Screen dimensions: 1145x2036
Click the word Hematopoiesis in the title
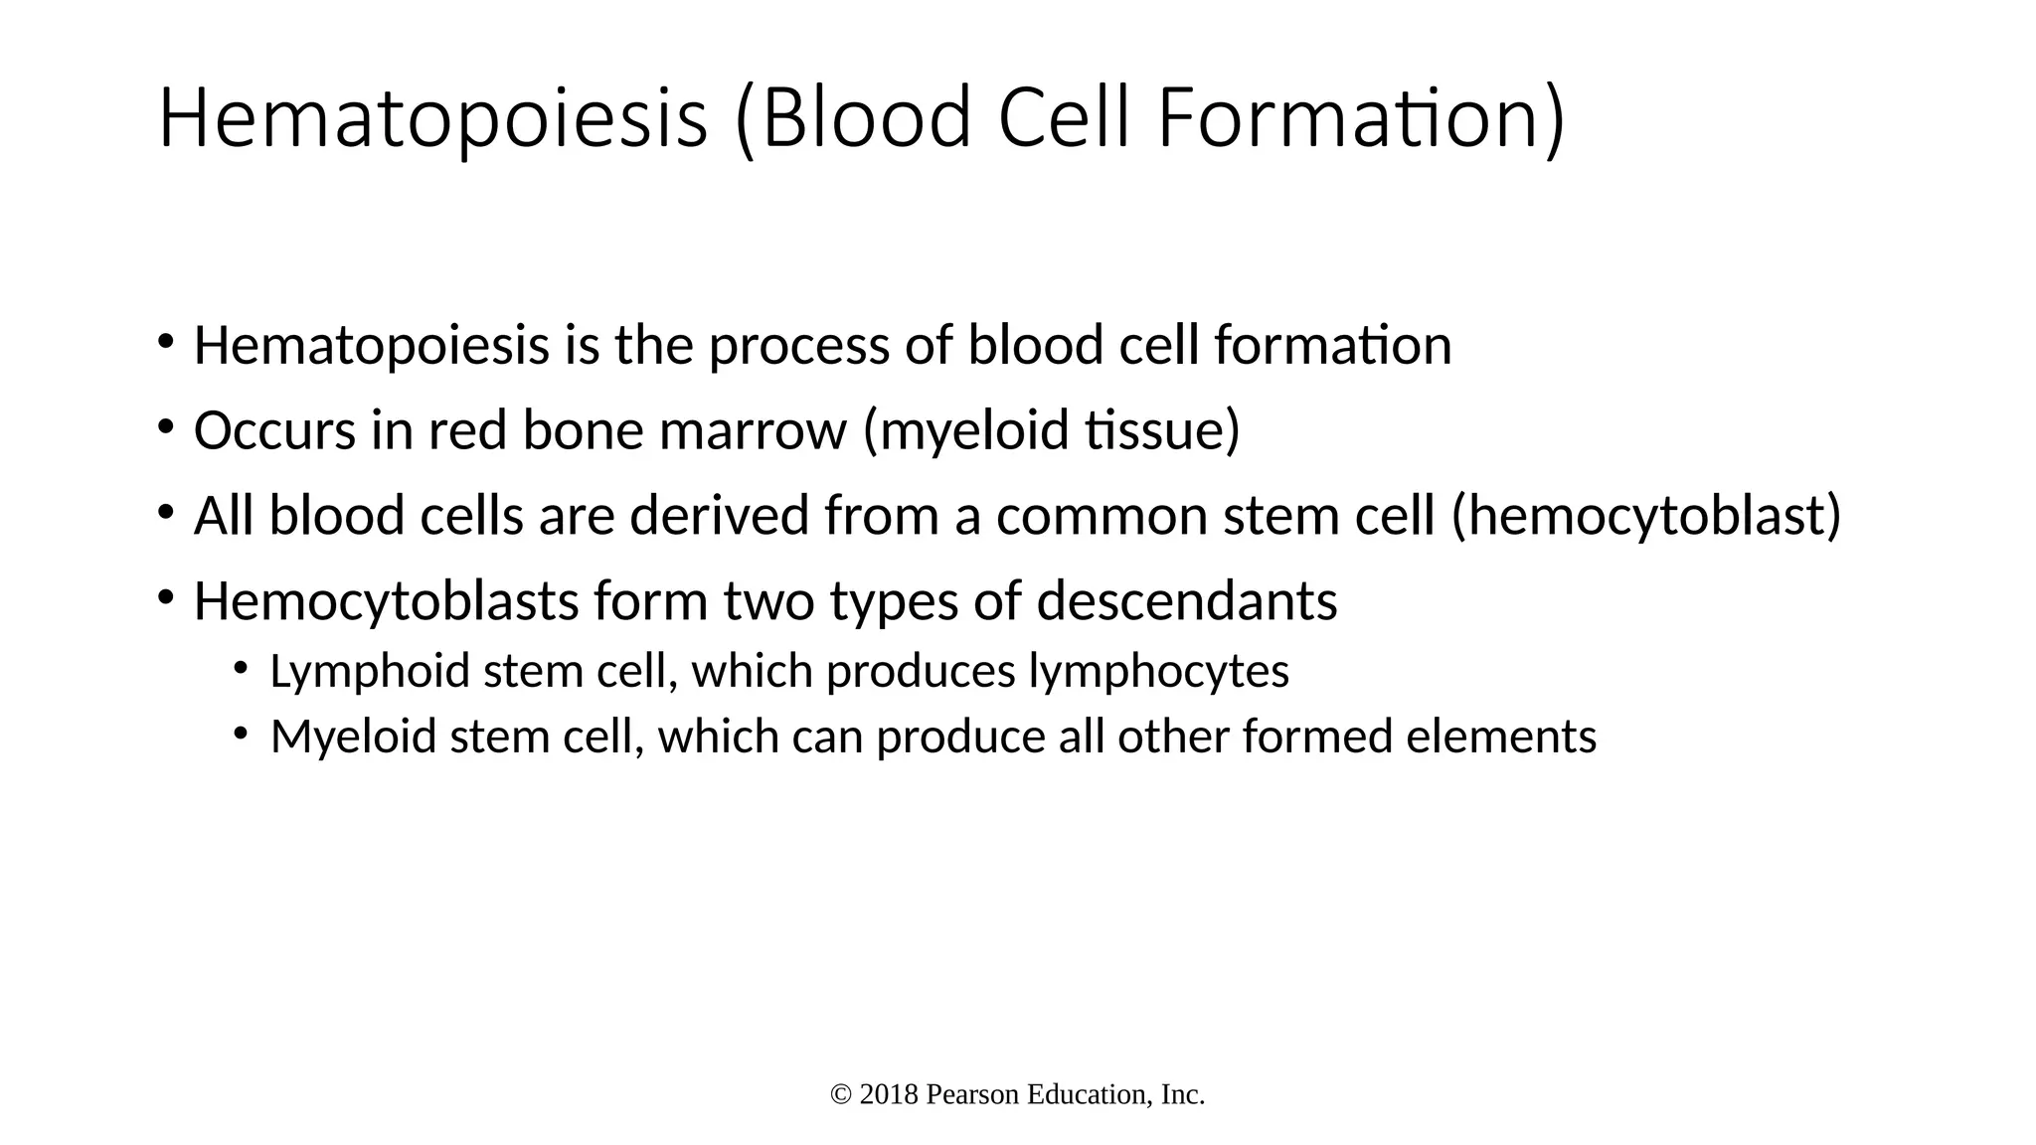432,119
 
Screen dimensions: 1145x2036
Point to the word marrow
753,431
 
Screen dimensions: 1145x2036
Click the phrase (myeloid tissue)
1052,431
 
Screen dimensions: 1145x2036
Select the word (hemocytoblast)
1646,517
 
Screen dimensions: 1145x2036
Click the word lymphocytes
1158,672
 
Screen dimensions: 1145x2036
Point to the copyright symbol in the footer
841,1095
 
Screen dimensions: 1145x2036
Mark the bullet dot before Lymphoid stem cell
241,669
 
